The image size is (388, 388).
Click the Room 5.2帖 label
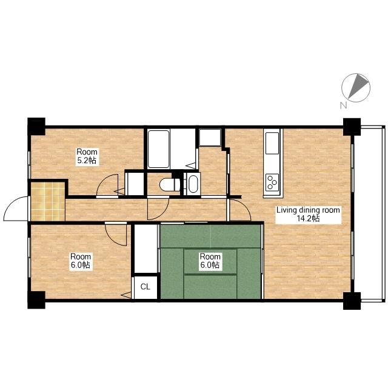pos(87,156)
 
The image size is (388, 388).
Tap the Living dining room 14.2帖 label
pos(308,214)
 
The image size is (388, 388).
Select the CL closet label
pos(145,287)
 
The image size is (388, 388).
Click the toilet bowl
pos(170,184)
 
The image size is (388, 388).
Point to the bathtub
pos(159,149)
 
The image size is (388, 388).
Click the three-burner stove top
pos(272,182)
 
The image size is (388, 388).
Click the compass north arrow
pos(358,86)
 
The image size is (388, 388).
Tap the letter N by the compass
pos(343,105)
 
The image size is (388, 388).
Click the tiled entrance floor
pos(48,201)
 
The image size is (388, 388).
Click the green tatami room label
pos(210,261)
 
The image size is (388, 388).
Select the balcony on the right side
pos(369,214)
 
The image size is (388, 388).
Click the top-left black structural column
pos(36,127)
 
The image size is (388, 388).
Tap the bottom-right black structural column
pos(352,301)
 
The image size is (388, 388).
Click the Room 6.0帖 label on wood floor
pos(81,261)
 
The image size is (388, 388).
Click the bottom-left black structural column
pos(36,300)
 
